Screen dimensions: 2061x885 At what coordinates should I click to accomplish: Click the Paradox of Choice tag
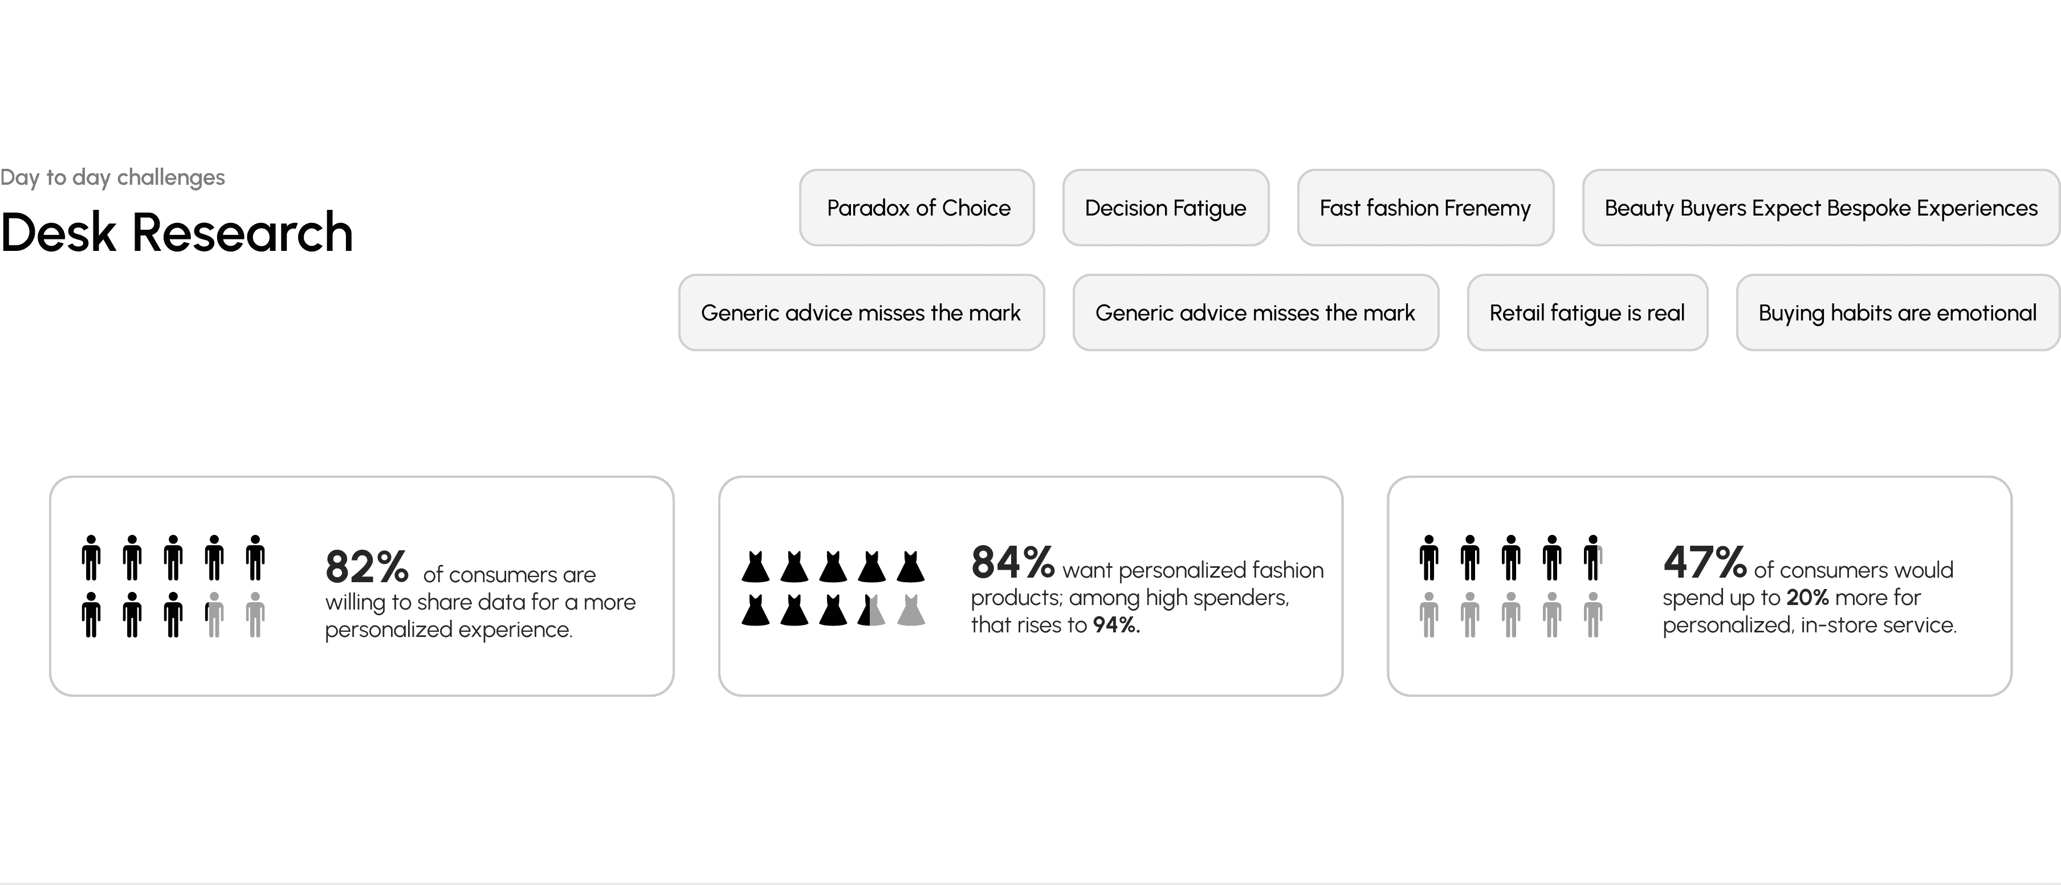pos(917,208)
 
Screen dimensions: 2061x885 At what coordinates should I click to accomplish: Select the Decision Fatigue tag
pos(1165,208)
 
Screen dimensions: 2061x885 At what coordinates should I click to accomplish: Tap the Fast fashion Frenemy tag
pos(1424,208)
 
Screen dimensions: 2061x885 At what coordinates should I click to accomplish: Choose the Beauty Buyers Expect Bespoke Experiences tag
pos(1820,208)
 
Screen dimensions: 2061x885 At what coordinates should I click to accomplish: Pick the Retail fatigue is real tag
pos(1587,313)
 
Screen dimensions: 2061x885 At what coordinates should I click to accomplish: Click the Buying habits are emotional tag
pos(1897,313)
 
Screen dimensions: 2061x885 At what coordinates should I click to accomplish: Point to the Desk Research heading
pos(176,233)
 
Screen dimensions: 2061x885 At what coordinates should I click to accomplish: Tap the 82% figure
pos(366,567)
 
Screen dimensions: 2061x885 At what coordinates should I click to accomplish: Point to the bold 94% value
pos(1116,625)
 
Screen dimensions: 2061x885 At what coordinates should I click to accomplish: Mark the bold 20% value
pos(1807,598)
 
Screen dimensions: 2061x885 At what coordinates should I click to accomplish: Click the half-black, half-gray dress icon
pos(872,611)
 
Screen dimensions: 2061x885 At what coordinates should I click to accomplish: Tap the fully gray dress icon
pos(910,611)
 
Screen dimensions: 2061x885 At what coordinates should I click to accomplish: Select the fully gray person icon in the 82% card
pos(255,615)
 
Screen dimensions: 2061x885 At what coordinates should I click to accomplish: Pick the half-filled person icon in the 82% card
pos(214,615)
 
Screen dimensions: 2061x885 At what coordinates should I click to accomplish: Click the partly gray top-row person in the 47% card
pos(1593,558)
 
